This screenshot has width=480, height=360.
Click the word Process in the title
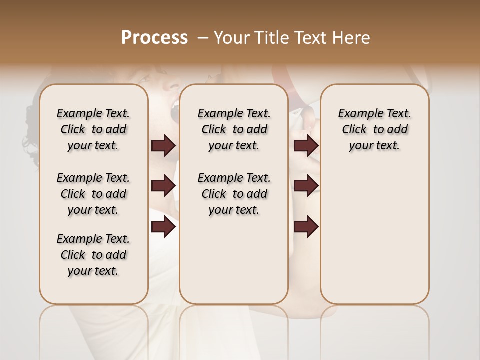tap(154, 38)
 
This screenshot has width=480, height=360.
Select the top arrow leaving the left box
tap(163, 146)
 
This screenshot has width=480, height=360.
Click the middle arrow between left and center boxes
tap(163, 186)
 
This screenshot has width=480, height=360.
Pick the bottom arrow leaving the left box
tap(163, 227)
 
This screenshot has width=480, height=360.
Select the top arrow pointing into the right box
tap(306, 146)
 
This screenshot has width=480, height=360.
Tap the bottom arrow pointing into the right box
tap(306, 227)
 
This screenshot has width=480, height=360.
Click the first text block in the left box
tap(93, 129)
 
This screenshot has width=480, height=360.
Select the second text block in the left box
tap(93, 194)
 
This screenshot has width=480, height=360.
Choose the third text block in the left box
tap(93, 255)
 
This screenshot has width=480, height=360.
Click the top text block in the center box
tap(234, 129)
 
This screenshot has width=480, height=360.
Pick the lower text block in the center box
tap(234, 194)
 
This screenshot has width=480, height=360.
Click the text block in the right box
tap(374, 129)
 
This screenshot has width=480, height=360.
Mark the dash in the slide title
tap(202, 38)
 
